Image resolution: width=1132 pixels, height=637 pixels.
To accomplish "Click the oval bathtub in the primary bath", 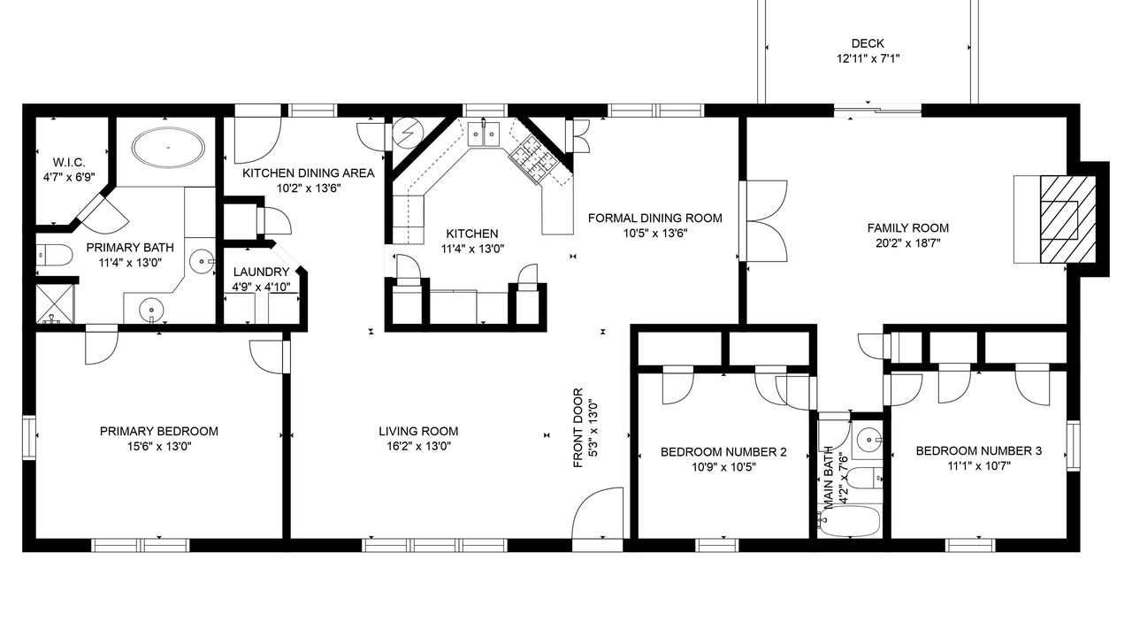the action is click(x=168, y=147).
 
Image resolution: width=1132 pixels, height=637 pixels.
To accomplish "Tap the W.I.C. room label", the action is click(x=69, y=162).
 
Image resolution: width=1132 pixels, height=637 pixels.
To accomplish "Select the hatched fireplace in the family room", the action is click(x=1067, y=219).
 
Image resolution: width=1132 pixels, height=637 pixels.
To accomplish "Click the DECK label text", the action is click(x=868, y=43).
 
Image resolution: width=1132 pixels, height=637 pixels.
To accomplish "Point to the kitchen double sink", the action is click(x=484, y=134).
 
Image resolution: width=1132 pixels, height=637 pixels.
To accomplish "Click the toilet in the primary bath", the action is click(x=55, y=256).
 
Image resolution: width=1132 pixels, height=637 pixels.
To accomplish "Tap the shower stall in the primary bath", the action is click(x=55, y=303).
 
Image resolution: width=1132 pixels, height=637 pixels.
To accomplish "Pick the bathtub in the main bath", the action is click(x=849, y=520).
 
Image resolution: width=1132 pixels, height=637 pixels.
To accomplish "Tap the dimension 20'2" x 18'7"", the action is click(x=907, y=243).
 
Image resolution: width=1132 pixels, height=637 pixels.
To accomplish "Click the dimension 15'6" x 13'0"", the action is click(x=159, y=447).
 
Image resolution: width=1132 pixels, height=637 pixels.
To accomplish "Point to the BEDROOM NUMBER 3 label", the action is click(x=978, y=450).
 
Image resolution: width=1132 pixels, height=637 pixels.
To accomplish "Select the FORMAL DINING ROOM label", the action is click(x=655, y=218).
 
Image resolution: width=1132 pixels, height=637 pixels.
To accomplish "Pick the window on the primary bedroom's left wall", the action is click(x=29, y=438).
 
